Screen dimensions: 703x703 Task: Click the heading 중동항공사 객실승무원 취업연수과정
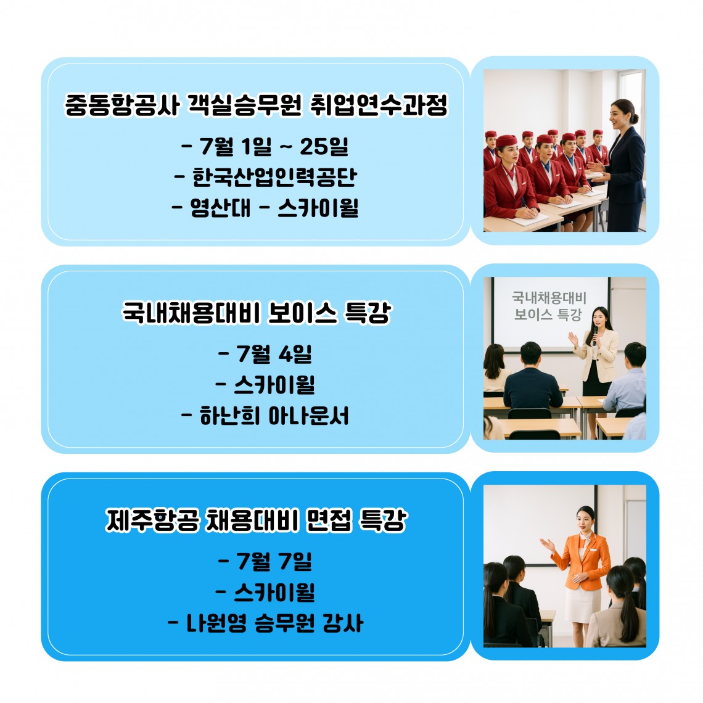click(x=256, y=105)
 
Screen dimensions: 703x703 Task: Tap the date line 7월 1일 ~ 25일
click(x=265, y=146)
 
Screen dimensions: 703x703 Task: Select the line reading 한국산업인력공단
click(x=265, y=177)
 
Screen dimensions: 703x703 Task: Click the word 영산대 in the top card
click(x=221, y=208)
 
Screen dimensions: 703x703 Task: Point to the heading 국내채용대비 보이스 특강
click(x=257, y=313)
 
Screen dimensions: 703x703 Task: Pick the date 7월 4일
click(x=265, y=354)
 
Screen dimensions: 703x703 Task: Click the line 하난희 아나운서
click(x=265, y=416)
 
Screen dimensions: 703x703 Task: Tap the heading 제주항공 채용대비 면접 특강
click(x=257, y=520)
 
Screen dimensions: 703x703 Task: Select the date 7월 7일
click(x=265, y=561)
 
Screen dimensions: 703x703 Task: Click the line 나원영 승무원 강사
click(x=265, y=623)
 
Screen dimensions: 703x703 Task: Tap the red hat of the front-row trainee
click(x=507, y=141)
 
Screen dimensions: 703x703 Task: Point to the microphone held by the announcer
click(x=595, y=335)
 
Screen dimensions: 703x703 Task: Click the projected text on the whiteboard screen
click(x=549, y=306)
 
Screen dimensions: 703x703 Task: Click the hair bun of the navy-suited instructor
click(x=634, y=118)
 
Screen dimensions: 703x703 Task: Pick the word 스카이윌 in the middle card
click(x=274, y=385)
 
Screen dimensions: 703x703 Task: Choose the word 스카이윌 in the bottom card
click(x=274, y=592)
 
